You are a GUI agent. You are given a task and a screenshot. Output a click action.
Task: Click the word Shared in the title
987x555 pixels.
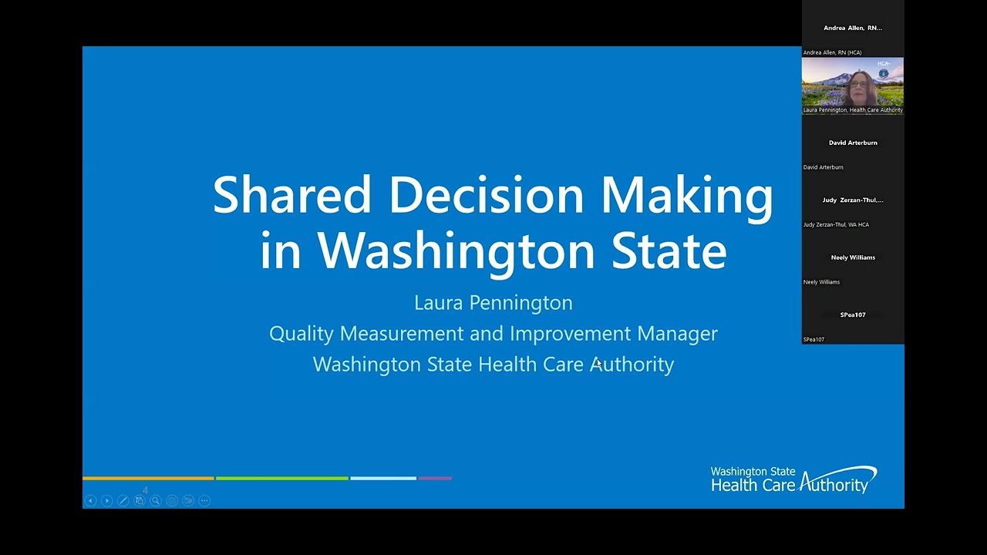pos(292,195)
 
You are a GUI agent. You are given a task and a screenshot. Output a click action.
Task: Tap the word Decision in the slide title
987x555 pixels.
pos(487,195)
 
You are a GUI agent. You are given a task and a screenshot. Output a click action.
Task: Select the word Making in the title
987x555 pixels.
pos(686,195)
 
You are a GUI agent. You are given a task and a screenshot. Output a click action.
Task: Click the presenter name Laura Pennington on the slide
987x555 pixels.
pos(493,303)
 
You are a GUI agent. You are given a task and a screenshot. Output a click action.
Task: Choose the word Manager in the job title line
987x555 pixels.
pos(677,334)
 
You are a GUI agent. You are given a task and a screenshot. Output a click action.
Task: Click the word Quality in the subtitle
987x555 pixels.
pos(301,334)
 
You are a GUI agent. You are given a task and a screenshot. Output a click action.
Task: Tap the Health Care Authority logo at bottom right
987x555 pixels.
pos(793,479)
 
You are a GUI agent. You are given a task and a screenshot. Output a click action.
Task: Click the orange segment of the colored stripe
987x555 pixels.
pos(148,479)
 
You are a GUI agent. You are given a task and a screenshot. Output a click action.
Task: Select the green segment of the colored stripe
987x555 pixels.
pos(281,479)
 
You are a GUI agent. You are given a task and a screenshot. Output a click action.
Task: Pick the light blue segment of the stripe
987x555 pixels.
pos(383,479)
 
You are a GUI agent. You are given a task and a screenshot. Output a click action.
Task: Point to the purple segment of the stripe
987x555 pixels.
pos(435,479)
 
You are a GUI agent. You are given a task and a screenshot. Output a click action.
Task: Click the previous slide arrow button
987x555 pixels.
pos(90,501)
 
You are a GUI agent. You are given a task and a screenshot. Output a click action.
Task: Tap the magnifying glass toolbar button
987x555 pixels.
pos(156,501)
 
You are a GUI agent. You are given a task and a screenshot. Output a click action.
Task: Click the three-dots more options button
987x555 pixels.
pos(204,501)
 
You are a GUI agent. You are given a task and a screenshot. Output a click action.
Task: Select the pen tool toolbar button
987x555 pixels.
pos(123,501)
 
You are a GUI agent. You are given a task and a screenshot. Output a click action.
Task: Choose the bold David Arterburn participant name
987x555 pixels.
pos(853,143)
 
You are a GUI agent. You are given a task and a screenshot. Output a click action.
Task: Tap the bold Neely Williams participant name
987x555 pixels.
pos(853,257)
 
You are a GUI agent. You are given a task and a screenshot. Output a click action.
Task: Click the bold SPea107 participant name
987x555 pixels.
pos(853,314)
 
